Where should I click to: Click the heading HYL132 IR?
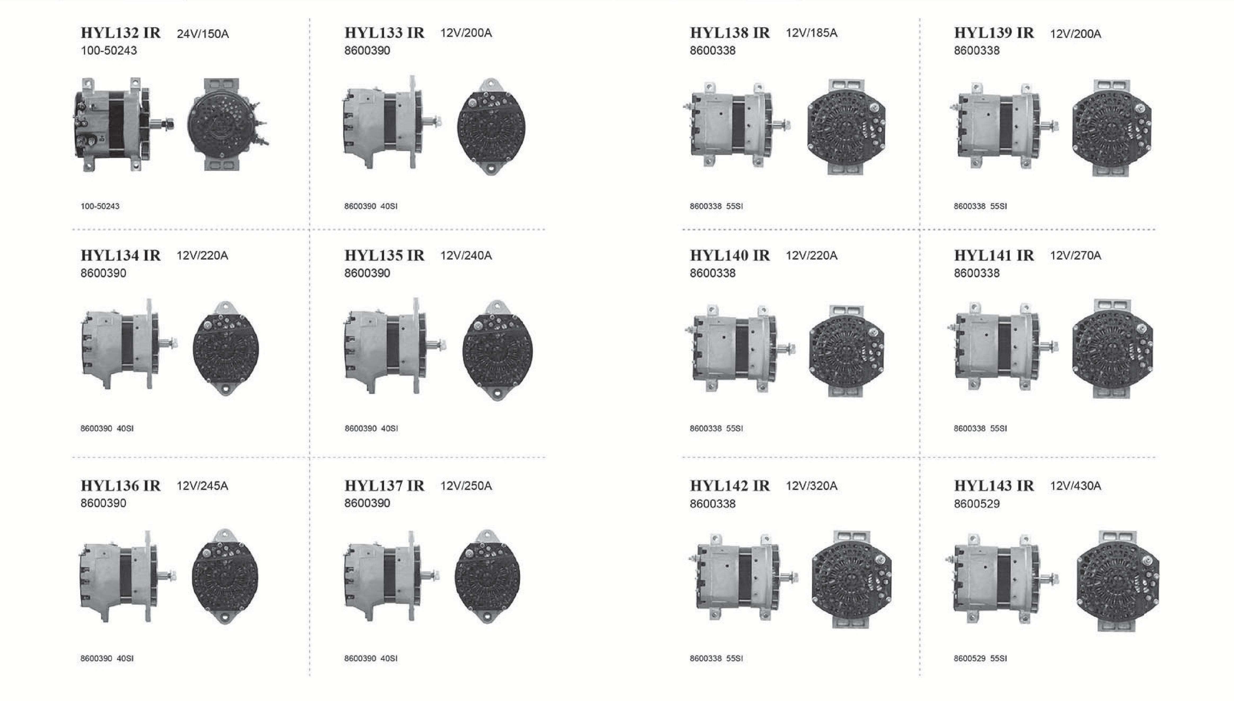[x=121, y=33]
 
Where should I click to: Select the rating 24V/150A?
[x=203, y=34]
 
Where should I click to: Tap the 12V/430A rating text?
[x=1076, y=486]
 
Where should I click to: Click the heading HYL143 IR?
[x=994, y=486]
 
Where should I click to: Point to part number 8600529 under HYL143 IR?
[x=977, y=504]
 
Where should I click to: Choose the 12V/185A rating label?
[x=812, y=33]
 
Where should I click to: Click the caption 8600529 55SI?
[x=980, y=658]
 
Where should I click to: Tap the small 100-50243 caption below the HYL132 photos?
[x=100, y=206]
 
